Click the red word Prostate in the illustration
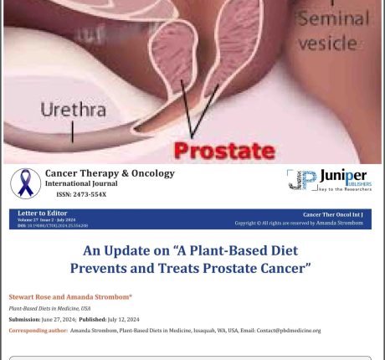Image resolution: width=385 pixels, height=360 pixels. coord(223,151)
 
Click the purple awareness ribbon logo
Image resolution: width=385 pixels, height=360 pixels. coord(25,183)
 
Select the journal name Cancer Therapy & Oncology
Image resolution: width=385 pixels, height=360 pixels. coord(110,173)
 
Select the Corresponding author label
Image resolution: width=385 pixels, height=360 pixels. coord(37,330)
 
